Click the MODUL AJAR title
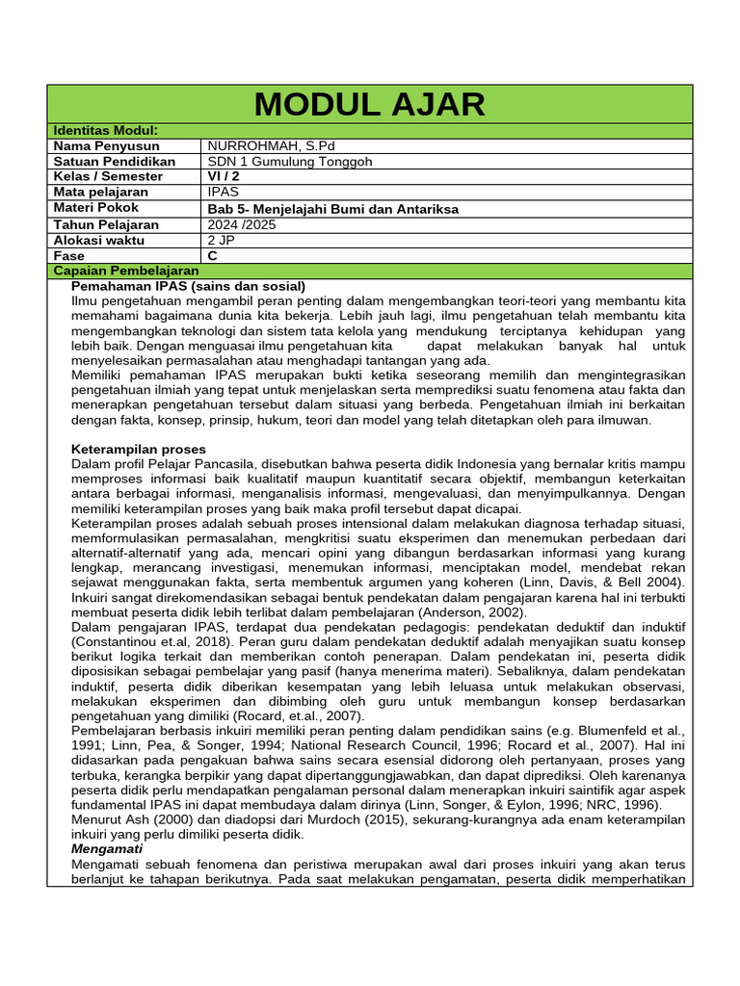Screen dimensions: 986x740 [x=370, y=104]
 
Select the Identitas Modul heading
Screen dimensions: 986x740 [x=106, y=130]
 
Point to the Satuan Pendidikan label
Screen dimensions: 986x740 [x=115, y=161]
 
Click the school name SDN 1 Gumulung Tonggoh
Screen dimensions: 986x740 [x=289, y=161]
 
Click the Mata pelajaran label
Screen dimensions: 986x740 [x=105, y=192]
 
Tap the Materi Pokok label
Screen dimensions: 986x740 [x=96, y=207]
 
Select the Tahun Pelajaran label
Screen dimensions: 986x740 [x=106, y=223]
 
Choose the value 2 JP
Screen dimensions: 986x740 [x=221, y=239]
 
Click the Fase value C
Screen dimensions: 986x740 [x=213, y=255]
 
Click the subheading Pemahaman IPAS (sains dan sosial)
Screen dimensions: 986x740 [x=189, y=286]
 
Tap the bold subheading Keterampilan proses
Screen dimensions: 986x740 [x=139, y=449]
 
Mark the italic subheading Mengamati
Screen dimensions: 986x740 [x=107, y=849]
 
